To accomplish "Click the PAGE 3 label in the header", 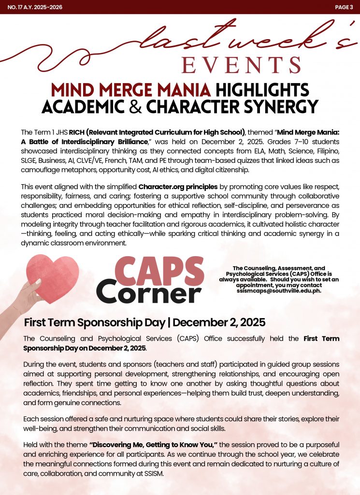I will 344,7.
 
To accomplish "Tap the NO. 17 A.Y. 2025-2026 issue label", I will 35,7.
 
